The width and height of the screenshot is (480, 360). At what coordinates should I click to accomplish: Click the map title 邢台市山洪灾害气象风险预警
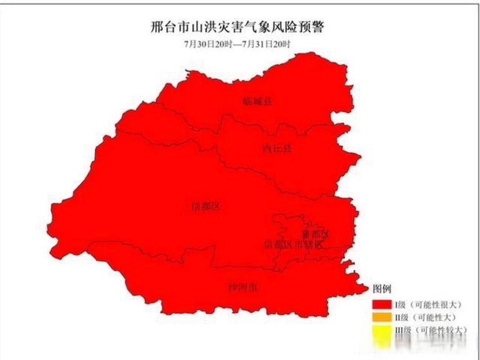click(237, 27)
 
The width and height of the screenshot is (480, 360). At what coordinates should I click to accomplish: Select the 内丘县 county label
click(277, 148)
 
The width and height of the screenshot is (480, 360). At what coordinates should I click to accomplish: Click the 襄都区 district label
click(315, 234)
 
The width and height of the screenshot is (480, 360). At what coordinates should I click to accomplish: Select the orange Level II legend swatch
click(381, 318)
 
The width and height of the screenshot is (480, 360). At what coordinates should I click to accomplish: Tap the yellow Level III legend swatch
click(381, 330)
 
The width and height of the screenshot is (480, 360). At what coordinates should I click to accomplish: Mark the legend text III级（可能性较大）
click(431, 330)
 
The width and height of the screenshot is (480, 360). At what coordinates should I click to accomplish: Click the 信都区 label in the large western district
click(206, 207)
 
